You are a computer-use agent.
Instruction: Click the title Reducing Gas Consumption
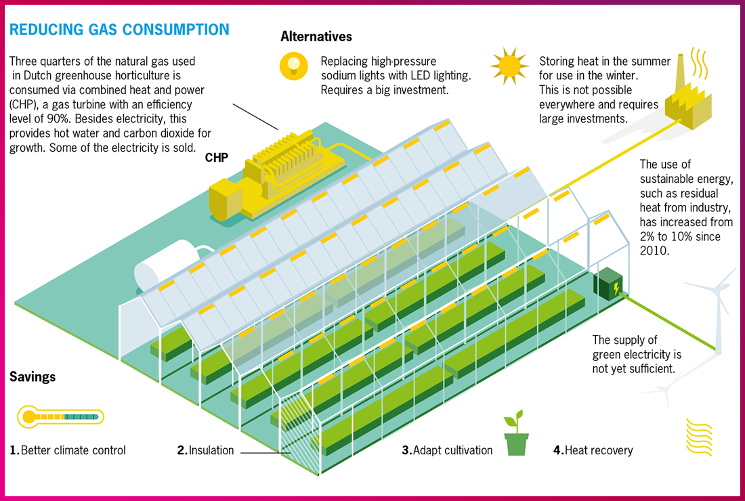119,30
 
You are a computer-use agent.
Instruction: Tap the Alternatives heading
316,37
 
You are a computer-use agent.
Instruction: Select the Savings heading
33,376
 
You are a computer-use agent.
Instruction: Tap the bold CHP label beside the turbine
217,158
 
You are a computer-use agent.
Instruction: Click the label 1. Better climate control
68,450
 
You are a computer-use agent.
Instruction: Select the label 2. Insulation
206,450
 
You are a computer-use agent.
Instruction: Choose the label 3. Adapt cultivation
447,450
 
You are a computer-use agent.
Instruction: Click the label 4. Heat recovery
593,450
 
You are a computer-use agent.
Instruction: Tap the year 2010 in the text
655,251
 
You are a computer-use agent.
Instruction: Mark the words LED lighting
440,75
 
